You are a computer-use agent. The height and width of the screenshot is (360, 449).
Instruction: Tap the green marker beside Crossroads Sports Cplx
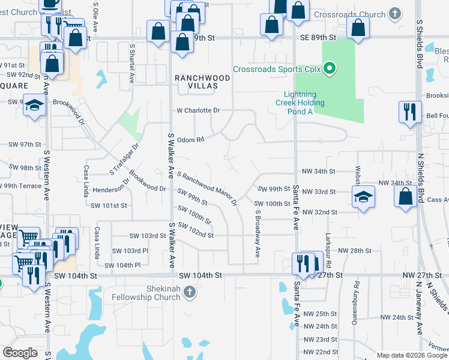(x=329, y=69)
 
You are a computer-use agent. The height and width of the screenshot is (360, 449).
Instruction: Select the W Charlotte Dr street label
(x=198, y=110)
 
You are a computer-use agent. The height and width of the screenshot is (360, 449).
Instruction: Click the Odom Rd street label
(x=190, y=139)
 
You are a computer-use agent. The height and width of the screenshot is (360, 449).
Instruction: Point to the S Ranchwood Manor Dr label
(x=207, y=188)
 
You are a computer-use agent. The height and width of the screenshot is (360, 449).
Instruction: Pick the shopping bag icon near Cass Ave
(x=405, y=196)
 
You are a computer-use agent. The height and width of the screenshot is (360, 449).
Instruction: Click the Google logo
(x=20, y=352)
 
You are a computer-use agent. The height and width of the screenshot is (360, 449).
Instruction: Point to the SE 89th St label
(x=317, y=37)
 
